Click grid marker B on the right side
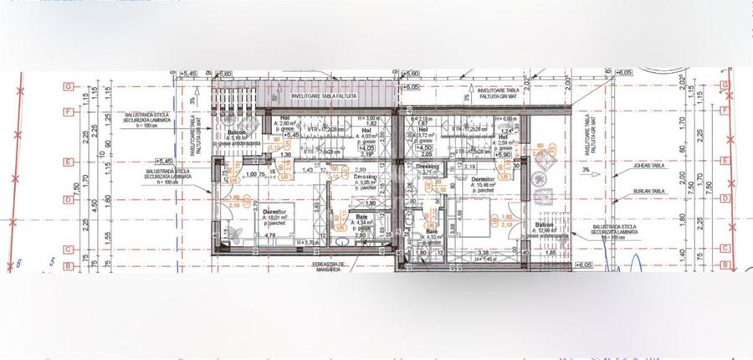720,266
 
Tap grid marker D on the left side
68,198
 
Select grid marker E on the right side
720,162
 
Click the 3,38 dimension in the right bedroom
481,252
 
